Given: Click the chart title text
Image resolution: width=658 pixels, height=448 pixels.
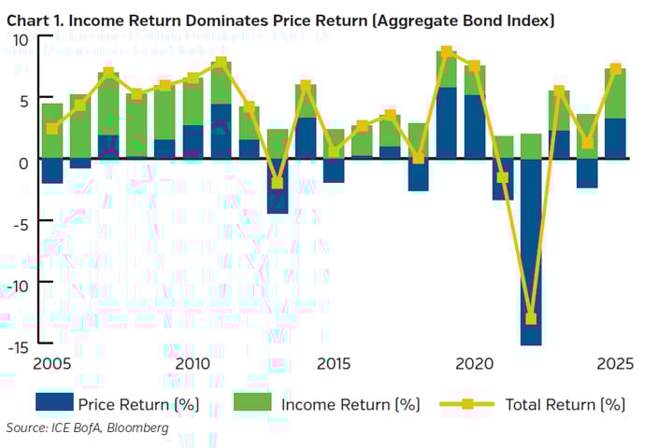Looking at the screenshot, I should point(280,20).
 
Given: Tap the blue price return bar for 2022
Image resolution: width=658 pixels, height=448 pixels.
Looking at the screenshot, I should point(531,252).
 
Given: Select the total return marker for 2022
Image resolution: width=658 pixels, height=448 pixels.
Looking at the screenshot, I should point(531,318).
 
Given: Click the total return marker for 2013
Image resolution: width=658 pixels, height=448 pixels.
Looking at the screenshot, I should point(278,183).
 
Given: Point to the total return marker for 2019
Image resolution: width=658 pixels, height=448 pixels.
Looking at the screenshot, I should point(447,52).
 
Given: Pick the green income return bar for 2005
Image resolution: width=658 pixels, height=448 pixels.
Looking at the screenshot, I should point(52,131).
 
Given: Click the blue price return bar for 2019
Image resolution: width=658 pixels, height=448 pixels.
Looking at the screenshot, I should point(447,123).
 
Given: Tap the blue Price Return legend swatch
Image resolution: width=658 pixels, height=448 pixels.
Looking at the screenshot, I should point(53,403).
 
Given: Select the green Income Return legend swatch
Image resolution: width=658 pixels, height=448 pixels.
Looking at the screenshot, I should point(250,403).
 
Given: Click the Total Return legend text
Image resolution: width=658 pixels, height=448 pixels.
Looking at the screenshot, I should point(565,404).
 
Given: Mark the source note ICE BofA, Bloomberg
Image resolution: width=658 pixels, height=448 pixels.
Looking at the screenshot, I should point(88,427).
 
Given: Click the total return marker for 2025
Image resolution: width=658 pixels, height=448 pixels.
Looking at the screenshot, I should point(616,69).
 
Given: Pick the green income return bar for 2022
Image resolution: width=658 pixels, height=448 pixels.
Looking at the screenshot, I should point(531,147).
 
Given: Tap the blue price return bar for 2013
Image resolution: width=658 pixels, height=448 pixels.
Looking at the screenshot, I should point(278,187).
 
